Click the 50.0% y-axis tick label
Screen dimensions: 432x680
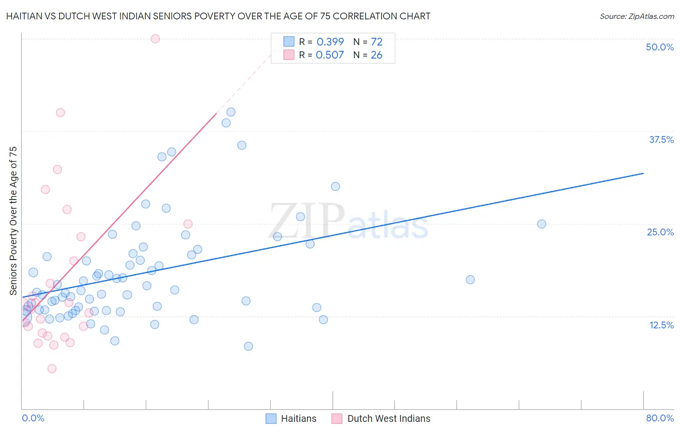660,47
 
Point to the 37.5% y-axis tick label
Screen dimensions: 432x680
661,139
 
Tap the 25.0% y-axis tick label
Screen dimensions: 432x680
660,232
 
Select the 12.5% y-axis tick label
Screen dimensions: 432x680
661,325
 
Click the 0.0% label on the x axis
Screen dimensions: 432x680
33,418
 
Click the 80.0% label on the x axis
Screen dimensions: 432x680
660,418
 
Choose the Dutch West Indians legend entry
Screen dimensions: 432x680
381,418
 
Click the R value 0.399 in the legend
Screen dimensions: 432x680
330,42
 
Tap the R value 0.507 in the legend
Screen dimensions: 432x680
330,55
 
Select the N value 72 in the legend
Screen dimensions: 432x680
376,42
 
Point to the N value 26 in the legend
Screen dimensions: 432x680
376,55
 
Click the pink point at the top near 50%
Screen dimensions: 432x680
155,39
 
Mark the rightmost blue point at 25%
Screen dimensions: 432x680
542,224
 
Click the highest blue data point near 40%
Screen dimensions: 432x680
231,112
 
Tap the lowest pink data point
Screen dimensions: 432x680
52,369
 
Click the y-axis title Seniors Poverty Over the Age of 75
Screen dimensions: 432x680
13,220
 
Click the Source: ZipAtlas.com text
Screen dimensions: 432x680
636,16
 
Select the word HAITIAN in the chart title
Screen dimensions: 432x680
27,16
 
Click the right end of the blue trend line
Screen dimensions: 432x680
643,173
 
